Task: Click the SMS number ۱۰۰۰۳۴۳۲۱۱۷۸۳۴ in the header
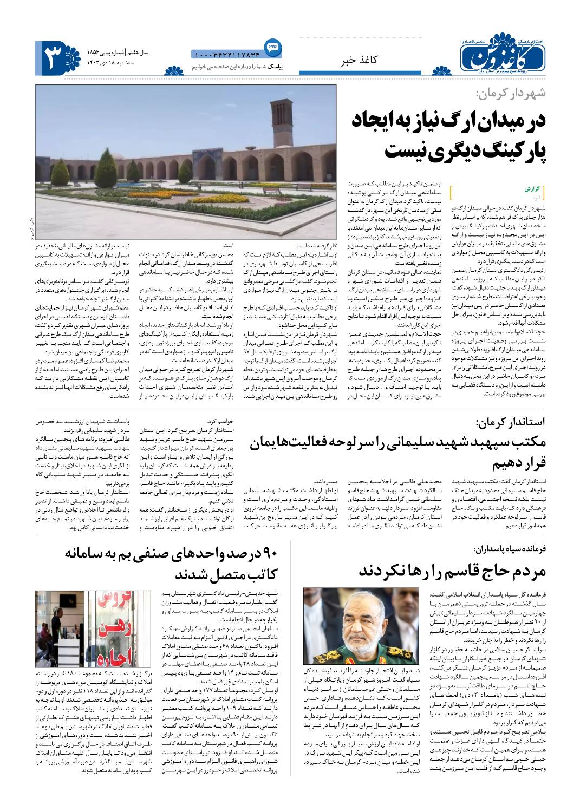pyautogui.click(x=227, y=54)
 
